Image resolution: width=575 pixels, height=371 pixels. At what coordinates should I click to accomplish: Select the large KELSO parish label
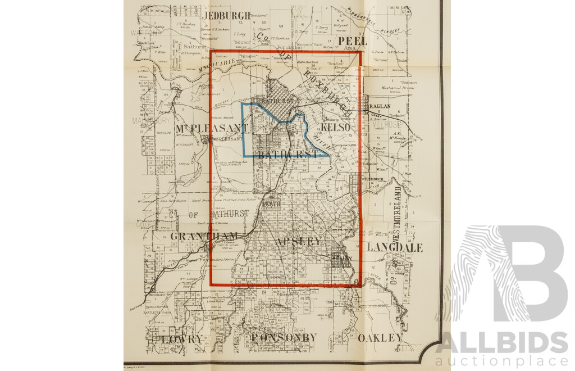(x=337, y=128)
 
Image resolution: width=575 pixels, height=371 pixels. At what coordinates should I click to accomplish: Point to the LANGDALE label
(x=395, y=247)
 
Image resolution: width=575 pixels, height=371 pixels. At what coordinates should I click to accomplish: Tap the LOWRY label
(x=181, y=340)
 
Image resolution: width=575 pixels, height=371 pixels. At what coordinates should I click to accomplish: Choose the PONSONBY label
(x=284, y=337)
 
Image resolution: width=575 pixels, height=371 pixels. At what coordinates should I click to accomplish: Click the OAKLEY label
(x=380, y=338)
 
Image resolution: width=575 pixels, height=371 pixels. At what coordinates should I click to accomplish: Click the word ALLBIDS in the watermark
(x=501, y=342)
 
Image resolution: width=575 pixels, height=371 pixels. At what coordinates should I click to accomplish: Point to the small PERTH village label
(x=271, y=204)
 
